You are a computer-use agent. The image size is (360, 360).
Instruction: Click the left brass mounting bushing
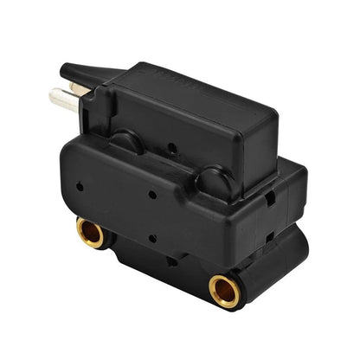pos(90,232)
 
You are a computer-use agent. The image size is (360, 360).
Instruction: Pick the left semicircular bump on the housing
pos(125,142)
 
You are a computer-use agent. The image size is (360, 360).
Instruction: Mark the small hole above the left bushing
pos(80,185)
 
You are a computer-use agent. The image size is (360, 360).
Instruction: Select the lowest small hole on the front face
pos(152,238)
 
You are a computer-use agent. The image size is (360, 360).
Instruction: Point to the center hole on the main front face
pos(152,196)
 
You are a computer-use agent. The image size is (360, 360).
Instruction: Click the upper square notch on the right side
pos(269,197)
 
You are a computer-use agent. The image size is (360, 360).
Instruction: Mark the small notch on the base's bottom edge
pos(173,260)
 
